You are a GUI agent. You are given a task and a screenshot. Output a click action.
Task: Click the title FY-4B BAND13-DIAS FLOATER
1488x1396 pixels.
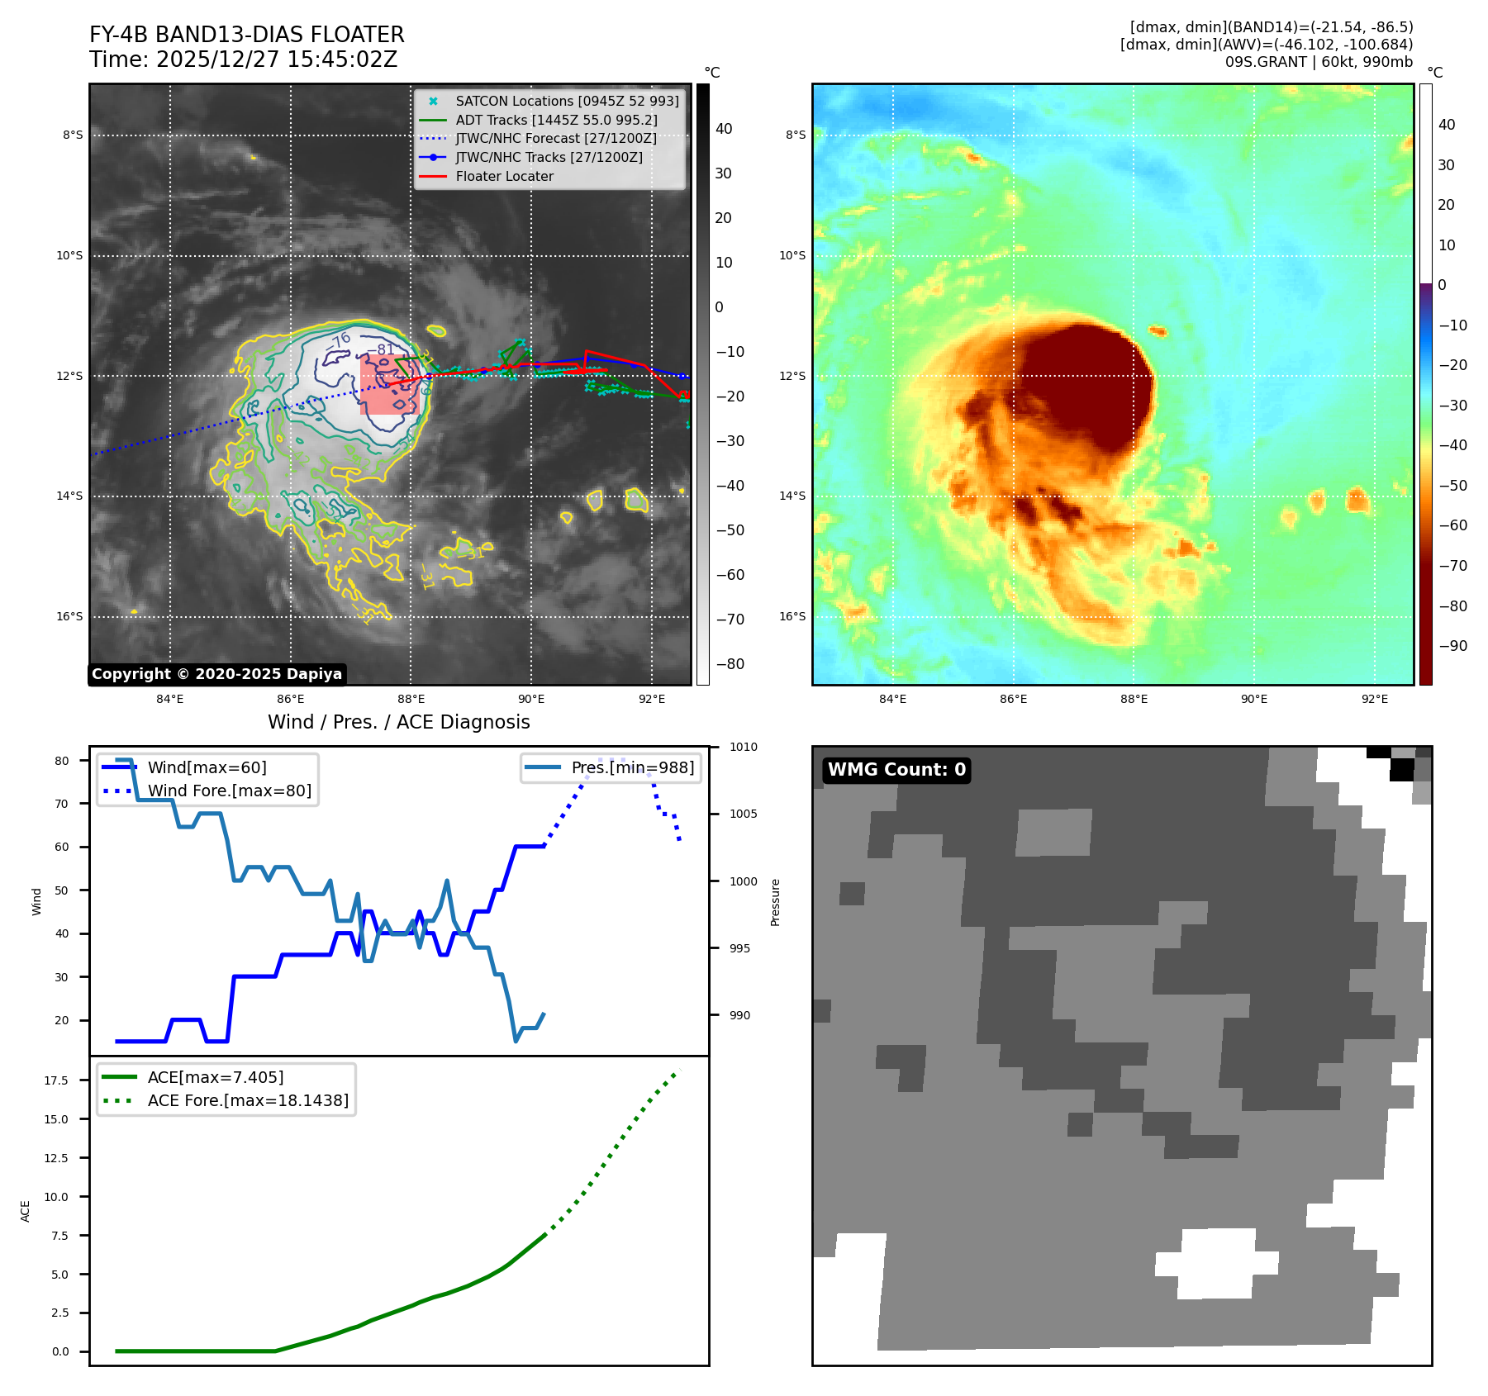coord(246,35)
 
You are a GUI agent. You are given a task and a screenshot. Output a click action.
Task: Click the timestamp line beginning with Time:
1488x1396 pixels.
coord(243,59)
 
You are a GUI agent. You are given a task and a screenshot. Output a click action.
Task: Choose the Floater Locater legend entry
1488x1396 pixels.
coord(504,176)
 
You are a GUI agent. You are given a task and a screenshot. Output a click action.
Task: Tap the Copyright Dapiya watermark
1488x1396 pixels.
coord(216,674)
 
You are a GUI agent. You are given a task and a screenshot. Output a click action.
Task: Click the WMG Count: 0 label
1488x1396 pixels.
coord(896,770)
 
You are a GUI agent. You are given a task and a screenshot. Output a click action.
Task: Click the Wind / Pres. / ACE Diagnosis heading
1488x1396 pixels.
coord(398,722)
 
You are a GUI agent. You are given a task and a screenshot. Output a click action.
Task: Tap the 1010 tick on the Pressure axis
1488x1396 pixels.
coord(743,747)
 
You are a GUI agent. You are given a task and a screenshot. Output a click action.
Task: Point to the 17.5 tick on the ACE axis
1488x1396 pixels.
coord(56,1080)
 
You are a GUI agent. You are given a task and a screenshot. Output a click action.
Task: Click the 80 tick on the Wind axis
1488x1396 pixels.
coord(62,761)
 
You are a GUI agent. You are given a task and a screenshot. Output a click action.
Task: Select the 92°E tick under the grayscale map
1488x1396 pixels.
coord(651,699)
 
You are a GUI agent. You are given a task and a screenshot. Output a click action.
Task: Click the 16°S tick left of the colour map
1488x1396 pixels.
coord(792,616)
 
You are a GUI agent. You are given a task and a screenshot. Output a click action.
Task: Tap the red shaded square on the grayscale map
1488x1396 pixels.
coord(389,384)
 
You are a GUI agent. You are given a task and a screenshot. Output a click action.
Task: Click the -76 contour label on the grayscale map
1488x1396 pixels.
coord(341,340)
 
